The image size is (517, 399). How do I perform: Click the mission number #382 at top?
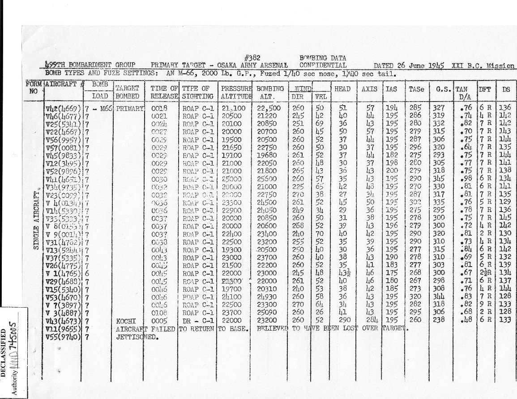(253, 58)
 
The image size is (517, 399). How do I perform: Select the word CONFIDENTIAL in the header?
(323, 65)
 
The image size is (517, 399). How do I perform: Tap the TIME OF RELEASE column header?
(165, 92)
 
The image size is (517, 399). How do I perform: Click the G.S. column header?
(440, 89)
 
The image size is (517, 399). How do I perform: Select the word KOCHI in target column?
(125, 321)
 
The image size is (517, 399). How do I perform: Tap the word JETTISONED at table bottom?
(132, 336)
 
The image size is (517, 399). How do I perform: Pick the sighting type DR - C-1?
(197, 321)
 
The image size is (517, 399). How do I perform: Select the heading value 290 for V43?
(344, 321)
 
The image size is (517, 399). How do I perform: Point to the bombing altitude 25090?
(268, 313)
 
